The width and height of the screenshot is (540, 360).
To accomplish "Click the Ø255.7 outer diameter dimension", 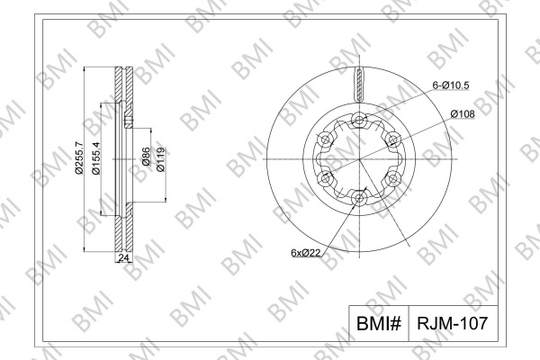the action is [x=79, y=157].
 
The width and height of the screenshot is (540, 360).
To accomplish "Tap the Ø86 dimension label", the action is [x=146, y=157].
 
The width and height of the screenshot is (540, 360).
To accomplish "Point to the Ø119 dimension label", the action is [x=161, y=159].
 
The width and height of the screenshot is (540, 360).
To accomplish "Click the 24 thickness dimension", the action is [x=123, y=257].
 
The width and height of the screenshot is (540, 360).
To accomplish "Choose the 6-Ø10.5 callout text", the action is [x=451, y=85].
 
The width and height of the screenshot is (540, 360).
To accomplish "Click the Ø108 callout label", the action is [x=463, y=113].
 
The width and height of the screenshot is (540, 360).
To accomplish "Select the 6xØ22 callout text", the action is [x=306, y=253].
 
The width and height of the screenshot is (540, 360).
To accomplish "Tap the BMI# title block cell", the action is [x=379, y=323].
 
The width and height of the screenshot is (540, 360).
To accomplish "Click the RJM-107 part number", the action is [x=453, y=323].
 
